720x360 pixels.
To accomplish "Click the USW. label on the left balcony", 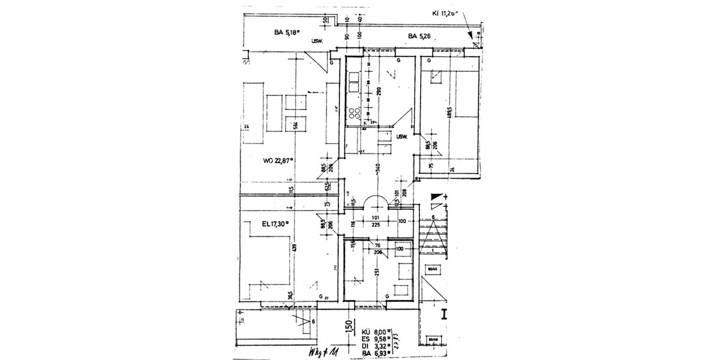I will coord(317,41).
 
